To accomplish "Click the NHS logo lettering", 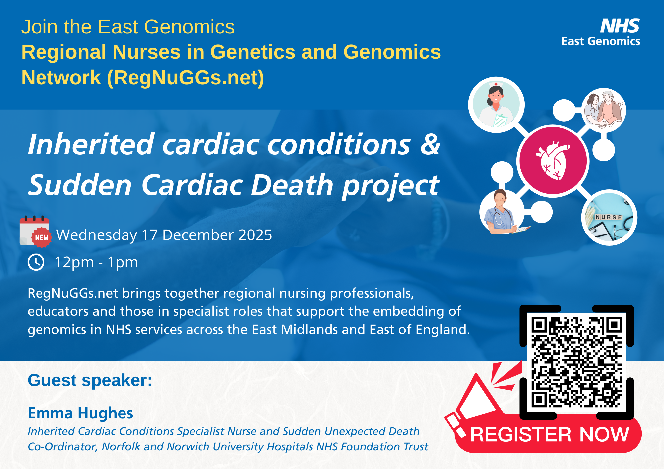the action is pyautogui.click(x=620, y=26).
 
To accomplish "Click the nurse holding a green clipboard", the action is pyautogui.click(x=496, y=105).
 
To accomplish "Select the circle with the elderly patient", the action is pyautogui.click(x=604, y=110).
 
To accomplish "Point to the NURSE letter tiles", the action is pyautogui.click(x=608, y=217).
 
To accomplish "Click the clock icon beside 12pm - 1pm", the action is pyautogui.click(x=36, y=262).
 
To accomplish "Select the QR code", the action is pyautogui.click(x=577, y=362).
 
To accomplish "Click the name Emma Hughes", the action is pyautogui.click(x=80, y=413).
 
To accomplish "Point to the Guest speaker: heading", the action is pyautogui.click(x=90, y=380).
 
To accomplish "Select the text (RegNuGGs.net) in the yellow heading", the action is pyautogui.click(x=185, y=78).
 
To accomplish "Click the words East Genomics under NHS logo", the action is pyautogui.click(x=601, y=41).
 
